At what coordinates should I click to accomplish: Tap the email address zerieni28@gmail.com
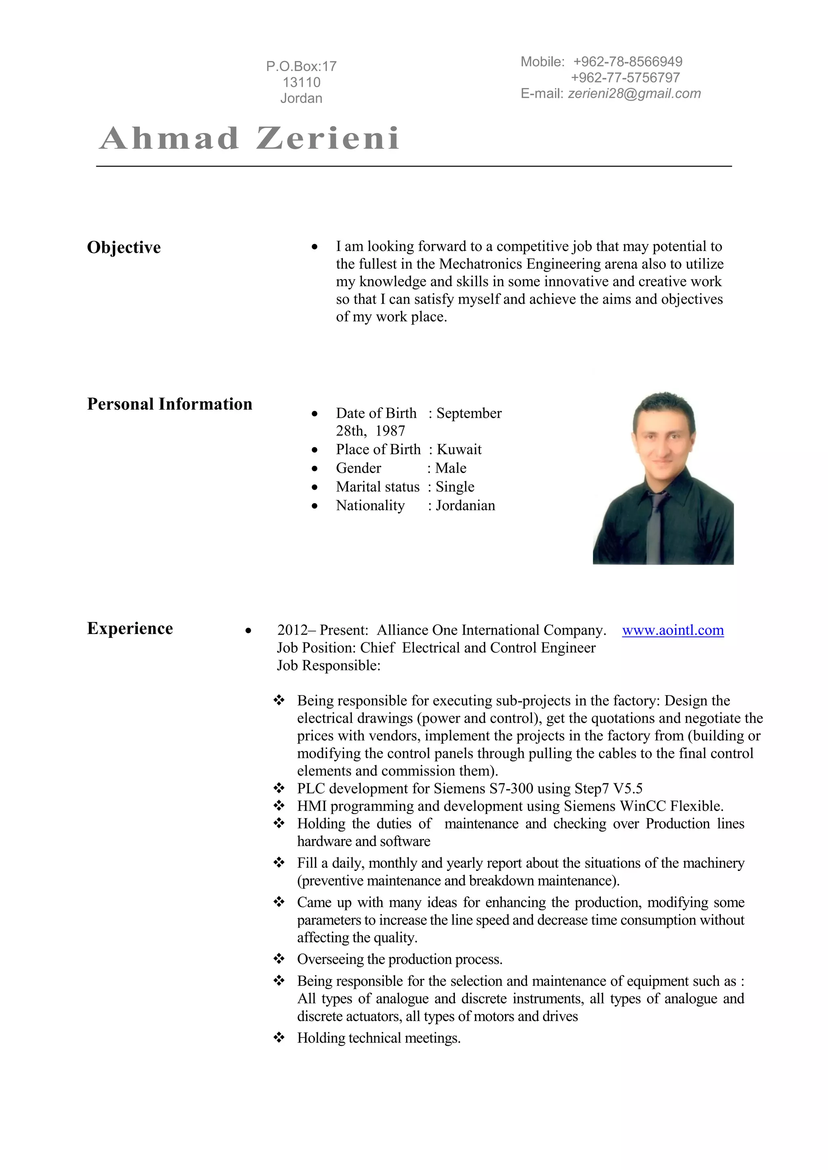[x=634, y=94]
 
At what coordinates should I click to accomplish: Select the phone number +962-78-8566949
[x=627, y=62]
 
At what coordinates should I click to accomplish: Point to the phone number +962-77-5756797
[x=625, y=78]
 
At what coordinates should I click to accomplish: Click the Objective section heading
[x=124, y=248]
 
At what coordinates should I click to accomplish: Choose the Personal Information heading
[x=170, y=404]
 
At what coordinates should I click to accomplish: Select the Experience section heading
[x=130, y=628]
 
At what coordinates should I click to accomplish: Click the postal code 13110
[x=301, y=82]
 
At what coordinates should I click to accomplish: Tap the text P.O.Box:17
[x=301, y=66]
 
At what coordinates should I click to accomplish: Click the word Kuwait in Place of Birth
[x=459, y=449]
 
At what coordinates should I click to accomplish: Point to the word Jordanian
[x=465, y=505]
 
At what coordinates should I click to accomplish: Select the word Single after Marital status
[x=455, y=487]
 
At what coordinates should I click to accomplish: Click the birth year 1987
[x=390, y=431]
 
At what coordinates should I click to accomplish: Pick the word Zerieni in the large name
[x=328, y=139]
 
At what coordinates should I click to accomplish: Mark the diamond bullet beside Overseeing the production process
[x=279, y=959]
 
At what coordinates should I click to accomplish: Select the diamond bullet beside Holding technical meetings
[x=279, y=1038]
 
